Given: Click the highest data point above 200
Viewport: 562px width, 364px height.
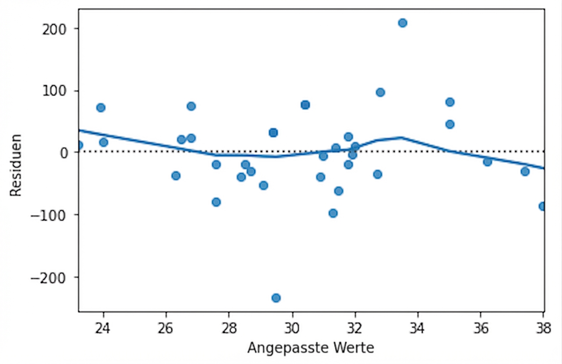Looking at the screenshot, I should tap(403, 23).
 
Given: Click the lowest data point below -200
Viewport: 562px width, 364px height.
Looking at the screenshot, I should tap(276, 298).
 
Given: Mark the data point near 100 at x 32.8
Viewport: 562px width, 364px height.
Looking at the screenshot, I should tap(380, 92).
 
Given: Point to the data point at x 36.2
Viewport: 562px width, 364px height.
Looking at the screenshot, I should tap(487, 162).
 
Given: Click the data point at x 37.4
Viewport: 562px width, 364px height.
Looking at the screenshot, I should tap(525, 171).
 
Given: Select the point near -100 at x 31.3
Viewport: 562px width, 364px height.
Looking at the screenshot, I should tap(333, 213).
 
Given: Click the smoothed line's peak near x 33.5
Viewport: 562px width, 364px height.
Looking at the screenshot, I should tap(401, 137).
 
